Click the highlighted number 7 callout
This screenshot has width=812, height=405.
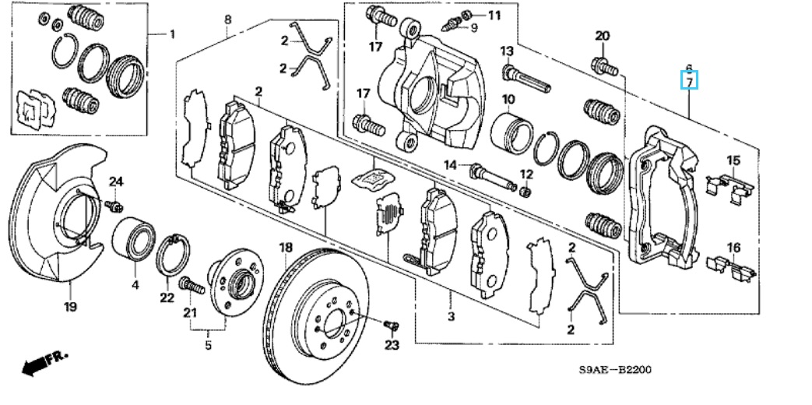pos(689,80)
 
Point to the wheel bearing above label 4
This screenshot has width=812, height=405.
pos(134,238)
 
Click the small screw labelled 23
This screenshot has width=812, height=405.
pos(392,326)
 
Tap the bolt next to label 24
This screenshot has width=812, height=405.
pos(114,206)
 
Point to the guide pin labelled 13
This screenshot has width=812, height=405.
pos(526,78)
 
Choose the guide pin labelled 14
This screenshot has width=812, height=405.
pos(493,177)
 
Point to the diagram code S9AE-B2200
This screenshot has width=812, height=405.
pos(615,370)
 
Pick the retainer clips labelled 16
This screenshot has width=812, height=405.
pos(730,266)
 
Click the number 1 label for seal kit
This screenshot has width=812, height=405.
pos(173,34)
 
